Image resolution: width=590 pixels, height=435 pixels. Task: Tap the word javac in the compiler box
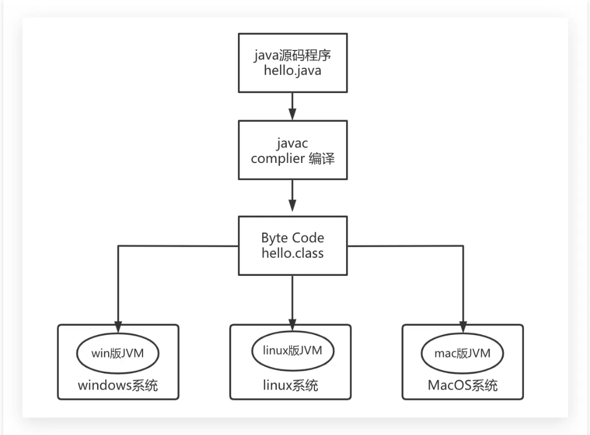(x=292, y=143)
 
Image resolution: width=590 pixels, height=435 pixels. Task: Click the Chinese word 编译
(x=319, y=158)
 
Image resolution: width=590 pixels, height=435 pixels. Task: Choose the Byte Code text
(x=292, y=238)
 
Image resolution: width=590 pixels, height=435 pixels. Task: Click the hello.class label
(x=292, y=254)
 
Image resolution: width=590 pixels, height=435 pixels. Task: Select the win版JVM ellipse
(x=118, y=353)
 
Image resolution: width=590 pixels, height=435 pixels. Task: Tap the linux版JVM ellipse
(x=291, y=351)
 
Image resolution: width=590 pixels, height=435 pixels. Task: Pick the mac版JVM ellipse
(x=463, y=354)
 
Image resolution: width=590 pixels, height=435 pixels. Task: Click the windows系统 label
(x=118, y=385)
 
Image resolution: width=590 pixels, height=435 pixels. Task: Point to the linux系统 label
(x=291, y=385)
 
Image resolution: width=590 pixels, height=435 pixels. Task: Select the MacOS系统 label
(x=463, y=385)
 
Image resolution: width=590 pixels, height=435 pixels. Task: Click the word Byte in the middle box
(x=275, y=238)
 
